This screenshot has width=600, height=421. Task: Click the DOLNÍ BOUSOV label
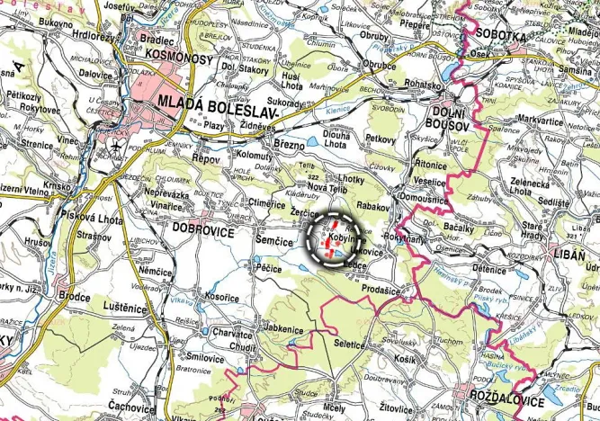(x=443, y=116)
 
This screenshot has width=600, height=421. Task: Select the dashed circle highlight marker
(x=333, y=237)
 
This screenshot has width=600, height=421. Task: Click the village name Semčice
(x=274, y=242)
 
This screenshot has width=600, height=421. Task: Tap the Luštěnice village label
(x=125, y=308)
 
